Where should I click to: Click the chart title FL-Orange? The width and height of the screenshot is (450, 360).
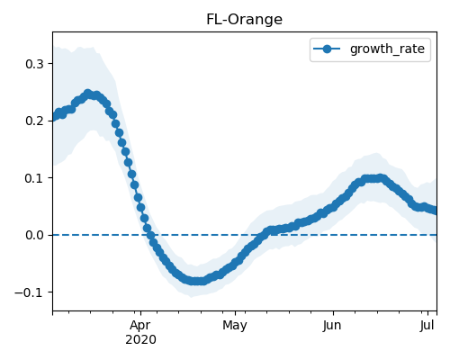click(x=244, y=20)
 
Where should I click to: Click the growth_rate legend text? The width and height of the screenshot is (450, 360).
click(x=387, y=49)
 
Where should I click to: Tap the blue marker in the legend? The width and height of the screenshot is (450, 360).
click(x=327, y=49)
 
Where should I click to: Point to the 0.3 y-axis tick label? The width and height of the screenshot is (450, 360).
click(x=34, y=64)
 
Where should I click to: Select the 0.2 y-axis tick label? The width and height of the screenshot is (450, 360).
click(x=34, y=121)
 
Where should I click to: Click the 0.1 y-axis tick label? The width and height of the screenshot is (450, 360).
click(x=34, y=178)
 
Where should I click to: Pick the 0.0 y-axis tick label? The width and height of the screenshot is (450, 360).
click(x=34, y=235)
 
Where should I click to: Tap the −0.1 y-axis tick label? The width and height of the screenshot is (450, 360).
click(x=30, y=292)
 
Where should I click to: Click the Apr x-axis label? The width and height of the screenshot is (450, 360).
click(x=140, y=326)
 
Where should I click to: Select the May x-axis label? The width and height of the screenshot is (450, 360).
click(x=235, y=326)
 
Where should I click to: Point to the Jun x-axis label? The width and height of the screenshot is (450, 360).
click(x=332, y=326)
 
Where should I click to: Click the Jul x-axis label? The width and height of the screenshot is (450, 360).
click(x=427, y=326)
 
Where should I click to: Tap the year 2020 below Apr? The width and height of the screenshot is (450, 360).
click(x=140, y=340)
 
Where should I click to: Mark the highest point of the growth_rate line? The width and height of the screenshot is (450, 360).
click(x=87, y=94)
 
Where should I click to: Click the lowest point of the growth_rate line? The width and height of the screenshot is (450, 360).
click(x=195, y=281)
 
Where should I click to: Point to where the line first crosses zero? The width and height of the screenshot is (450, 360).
click(x=151, y=235)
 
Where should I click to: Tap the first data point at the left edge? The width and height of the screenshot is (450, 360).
click(x=53, y=118)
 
